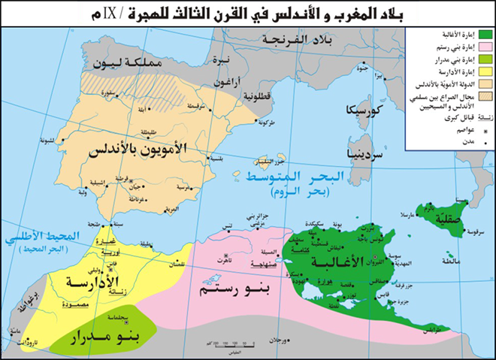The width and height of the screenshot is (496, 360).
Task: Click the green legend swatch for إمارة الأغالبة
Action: click(x=485, y=35)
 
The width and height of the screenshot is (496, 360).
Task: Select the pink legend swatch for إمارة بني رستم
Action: click(x=485, y=47)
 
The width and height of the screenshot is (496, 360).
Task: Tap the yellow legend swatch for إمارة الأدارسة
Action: click(x=485, y=71)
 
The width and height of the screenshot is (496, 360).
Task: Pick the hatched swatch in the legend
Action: click(x=485, y=97)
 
